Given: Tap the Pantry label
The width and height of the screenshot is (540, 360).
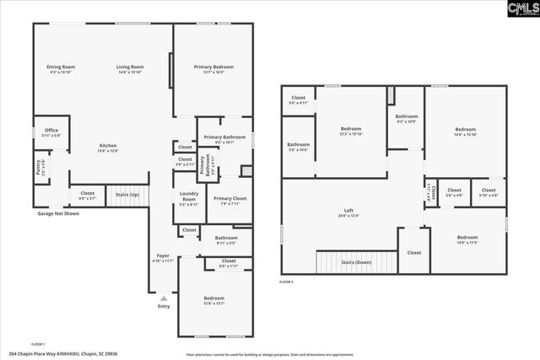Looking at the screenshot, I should pos(39,166).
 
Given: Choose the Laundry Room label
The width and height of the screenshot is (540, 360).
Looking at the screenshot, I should pos(189,198).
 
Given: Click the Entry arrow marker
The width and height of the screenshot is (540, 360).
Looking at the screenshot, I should pos(164,298).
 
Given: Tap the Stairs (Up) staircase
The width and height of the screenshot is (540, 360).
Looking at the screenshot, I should pos(128,196).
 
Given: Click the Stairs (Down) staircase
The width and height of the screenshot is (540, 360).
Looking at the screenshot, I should pos(355,261).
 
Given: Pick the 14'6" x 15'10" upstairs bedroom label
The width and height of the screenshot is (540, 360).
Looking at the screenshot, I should pos(465,132).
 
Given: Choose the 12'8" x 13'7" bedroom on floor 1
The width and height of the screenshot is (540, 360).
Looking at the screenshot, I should pos(213,300).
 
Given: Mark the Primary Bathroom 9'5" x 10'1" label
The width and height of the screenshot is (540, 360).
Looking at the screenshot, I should pos(224,139).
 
